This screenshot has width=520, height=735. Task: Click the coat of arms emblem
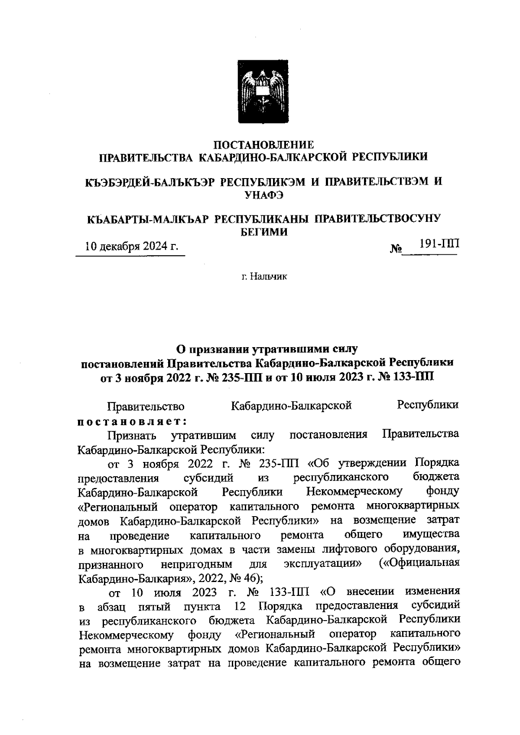(261, 93)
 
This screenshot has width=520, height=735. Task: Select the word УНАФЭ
(264, 195)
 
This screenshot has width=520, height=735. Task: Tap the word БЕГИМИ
(264, 232)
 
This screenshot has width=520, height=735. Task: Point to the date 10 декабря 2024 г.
(132, 247)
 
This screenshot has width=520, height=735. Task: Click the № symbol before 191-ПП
(396, 249)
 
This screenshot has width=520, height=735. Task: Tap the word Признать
(132, 435)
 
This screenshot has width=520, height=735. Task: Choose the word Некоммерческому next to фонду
(354, 492)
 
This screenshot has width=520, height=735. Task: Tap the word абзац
(111, 606)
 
